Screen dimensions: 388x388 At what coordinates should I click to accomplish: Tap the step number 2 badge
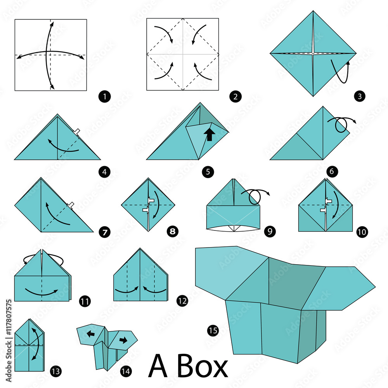pos(234,97)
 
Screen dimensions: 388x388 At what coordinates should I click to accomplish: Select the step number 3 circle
pos(361,97)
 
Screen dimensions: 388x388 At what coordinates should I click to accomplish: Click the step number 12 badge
pos(182,300)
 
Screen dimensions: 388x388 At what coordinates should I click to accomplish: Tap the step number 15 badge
pos(213,331)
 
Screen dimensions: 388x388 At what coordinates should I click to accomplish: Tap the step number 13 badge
pos(55,371)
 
